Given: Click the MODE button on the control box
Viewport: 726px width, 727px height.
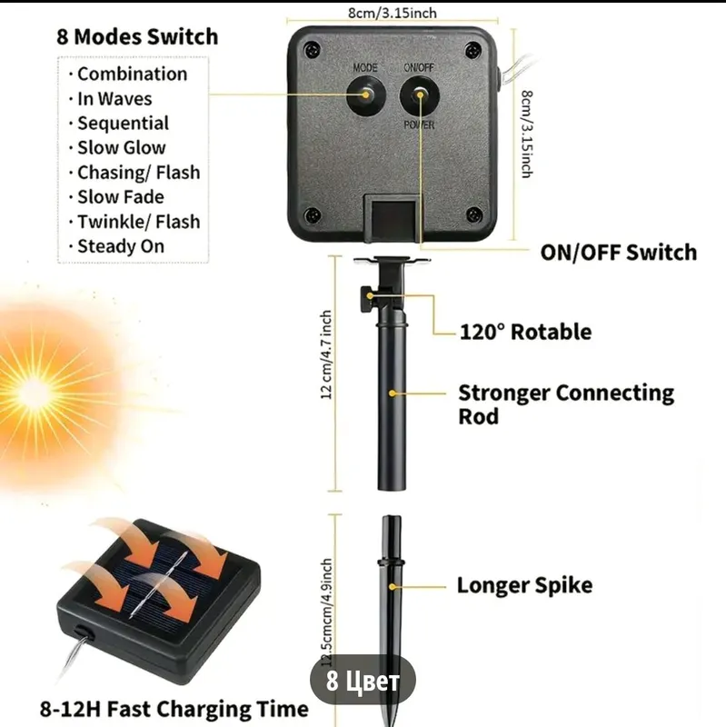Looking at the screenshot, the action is (x=366, y=95).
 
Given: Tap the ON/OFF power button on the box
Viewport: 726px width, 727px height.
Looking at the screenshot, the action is (x=420, y=95).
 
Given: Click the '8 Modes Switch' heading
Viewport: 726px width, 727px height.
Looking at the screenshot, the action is (x=137, y=36).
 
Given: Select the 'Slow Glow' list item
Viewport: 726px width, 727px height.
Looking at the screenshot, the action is (x=122, y=148).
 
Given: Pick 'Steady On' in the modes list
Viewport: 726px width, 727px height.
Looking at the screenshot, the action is (x=121, y=246).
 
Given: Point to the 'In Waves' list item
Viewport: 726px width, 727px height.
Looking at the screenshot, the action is (x=114, y=99).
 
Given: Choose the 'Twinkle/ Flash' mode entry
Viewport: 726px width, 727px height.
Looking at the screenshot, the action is (x=139, y=222).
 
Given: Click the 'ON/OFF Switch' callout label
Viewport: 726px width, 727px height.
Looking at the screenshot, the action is (x=619, y=253).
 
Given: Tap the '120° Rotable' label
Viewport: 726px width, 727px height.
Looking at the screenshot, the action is (x=525, y=332).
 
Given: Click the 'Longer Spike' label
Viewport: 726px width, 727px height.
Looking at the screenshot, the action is (x=524, y=585).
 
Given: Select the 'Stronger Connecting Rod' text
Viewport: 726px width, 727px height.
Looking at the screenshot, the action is (x=566, y=403).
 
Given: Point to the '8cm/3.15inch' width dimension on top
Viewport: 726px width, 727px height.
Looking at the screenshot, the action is (x=393, y=13).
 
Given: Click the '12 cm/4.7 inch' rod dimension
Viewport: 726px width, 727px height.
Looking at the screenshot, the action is (x=326, y=354).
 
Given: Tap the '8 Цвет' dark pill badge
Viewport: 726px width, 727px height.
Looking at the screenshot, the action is (x=363, y=681).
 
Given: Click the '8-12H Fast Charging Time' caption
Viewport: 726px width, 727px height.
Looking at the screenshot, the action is (x=174, y=709).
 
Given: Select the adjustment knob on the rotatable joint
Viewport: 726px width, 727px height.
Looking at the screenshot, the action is (x=366, y=298).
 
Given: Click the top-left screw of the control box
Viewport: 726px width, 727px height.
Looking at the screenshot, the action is (x=313, y=49).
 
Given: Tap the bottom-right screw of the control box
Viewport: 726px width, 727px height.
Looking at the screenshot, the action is (x=473, y=214).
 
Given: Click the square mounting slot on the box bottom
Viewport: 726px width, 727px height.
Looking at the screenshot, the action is (x=393, y=218).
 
